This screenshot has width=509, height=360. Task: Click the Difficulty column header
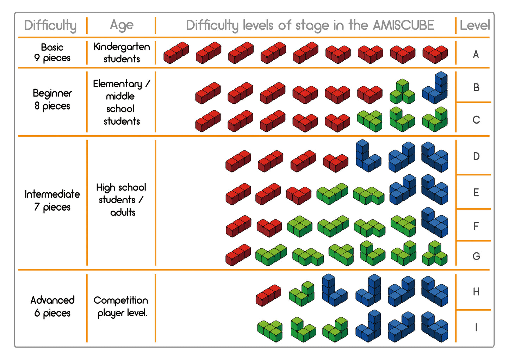click(50, 25)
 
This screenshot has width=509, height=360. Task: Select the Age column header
click(122, 25)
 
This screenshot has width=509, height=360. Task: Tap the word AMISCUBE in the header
click(403, 25)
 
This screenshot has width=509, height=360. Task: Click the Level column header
click(474, 25)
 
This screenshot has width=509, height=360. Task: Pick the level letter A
click(476, 54)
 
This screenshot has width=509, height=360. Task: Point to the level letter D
click(476, 156)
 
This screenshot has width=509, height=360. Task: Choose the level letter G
click(476, 256)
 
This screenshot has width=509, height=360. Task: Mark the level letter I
click(476, 328)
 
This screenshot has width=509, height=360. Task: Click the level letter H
click(476, 292)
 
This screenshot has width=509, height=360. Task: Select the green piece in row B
click(402, 92)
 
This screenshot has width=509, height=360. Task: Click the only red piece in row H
click(268, 295)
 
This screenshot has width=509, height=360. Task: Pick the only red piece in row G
click(238, 255)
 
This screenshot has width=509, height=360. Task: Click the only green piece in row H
click(302, 293)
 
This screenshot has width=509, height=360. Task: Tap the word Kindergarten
click(122, 47)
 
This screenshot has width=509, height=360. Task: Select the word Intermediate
click(52, 194)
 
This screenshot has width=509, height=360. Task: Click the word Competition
click(121, 300)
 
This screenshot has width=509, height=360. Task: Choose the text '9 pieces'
click(52, 58)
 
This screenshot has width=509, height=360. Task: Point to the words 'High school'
click(121, 187)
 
